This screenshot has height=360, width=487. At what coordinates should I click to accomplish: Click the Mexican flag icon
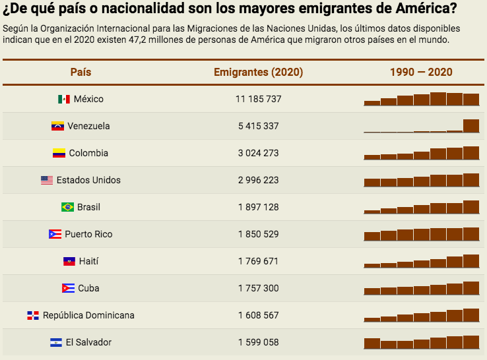64,100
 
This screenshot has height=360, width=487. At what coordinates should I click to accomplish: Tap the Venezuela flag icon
57,126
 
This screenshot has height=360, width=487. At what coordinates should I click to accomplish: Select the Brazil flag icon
67,207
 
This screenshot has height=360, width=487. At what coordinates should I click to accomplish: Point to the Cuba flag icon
68,288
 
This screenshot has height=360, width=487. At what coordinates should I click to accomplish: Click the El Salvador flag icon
56,342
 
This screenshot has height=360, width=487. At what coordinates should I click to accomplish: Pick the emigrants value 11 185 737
258,99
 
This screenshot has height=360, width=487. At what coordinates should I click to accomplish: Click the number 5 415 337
258,126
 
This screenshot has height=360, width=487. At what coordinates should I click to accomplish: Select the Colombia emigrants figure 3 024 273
258,153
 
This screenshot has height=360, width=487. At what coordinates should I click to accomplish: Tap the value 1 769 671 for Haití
258,261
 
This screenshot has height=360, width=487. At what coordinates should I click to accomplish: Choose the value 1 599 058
258,342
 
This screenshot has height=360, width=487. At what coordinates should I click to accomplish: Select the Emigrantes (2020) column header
258,73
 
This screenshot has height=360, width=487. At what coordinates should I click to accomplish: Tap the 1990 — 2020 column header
421,73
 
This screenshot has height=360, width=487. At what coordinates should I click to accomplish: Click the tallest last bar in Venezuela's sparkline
471,126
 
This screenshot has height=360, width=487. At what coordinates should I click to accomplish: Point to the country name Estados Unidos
88,180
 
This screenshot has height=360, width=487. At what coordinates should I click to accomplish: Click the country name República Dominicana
88,315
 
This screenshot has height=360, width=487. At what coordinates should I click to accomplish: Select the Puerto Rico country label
88,234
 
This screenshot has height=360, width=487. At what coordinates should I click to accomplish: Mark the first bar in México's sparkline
372,103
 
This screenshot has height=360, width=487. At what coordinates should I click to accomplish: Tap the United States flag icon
46,180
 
